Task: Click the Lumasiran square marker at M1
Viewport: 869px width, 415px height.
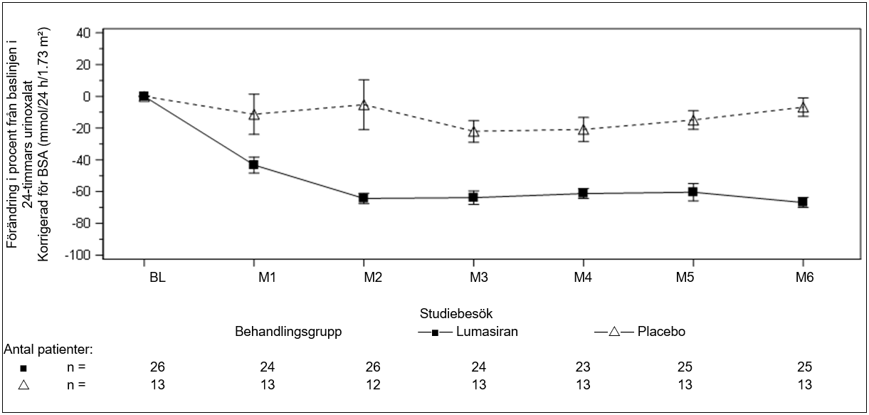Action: (253, 165)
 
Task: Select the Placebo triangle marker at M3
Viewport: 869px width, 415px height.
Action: (474, 131)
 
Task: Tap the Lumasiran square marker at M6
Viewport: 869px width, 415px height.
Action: (803, 202)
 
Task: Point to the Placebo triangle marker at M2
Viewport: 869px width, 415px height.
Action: (364, 105)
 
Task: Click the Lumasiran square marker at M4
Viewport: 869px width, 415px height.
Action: (584, 193)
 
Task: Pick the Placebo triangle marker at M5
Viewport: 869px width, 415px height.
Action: (693, 120)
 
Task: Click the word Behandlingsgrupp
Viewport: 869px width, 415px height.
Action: (289, 332)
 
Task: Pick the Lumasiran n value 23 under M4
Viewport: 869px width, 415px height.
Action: (584, 367)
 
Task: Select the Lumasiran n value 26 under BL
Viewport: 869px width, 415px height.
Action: (157, 367)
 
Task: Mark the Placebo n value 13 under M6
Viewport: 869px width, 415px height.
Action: (803, 384)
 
